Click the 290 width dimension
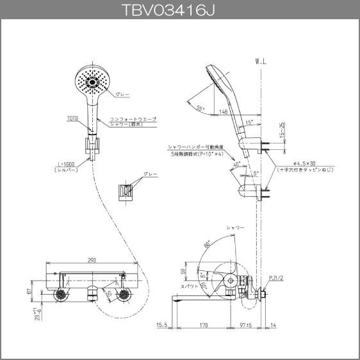point(92,260)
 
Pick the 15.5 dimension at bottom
point(161,325)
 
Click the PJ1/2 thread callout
point(276,277)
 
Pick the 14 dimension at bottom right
point(274,325)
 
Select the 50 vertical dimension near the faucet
point(184,272)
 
